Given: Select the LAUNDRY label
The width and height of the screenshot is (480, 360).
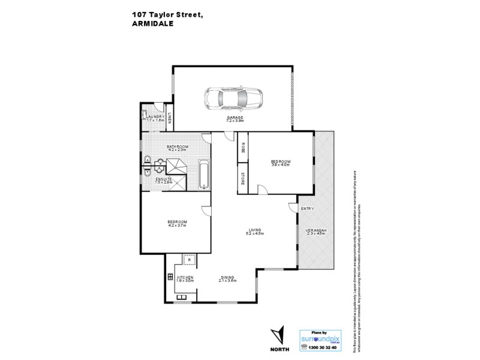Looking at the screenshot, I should [155, 118].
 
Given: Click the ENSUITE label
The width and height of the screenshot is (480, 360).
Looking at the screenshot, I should [164, 180].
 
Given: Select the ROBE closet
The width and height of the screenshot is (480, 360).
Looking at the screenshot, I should [242, 147].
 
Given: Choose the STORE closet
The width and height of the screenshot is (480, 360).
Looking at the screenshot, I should [242, 178].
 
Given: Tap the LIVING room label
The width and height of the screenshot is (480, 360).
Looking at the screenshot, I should [254, 230].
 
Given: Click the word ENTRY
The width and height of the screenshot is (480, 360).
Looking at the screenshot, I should [307, 209].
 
